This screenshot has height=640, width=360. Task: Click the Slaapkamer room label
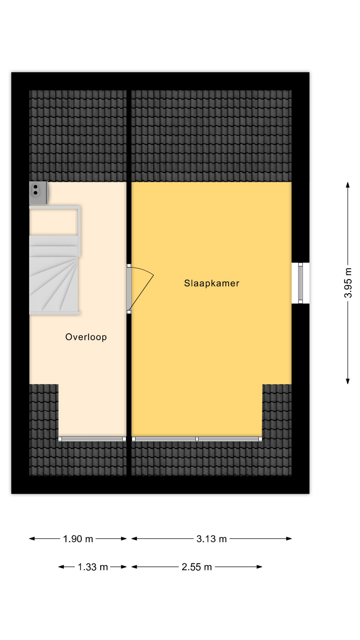point(212,283)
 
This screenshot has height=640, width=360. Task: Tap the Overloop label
point(86,337)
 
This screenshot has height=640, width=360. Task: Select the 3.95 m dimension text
point(348,283)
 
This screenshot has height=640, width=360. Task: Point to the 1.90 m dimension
point(78,539)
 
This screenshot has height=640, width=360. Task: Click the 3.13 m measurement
point(212,539)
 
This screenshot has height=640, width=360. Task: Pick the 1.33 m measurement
point(93,567)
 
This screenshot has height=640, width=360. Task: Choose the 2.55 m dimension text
point(197,567)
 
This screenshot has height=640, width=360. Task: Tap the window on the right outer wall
point(300,283)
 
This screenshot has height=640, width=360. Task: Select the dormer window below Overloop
point(92,439)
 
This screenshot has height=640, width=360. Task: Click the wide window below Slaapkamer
point(197,439)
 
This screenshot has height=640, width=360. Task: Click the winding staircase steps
point(54,275)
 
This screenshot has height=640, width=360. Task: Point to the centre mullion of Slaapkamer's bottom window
point(197,439)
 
